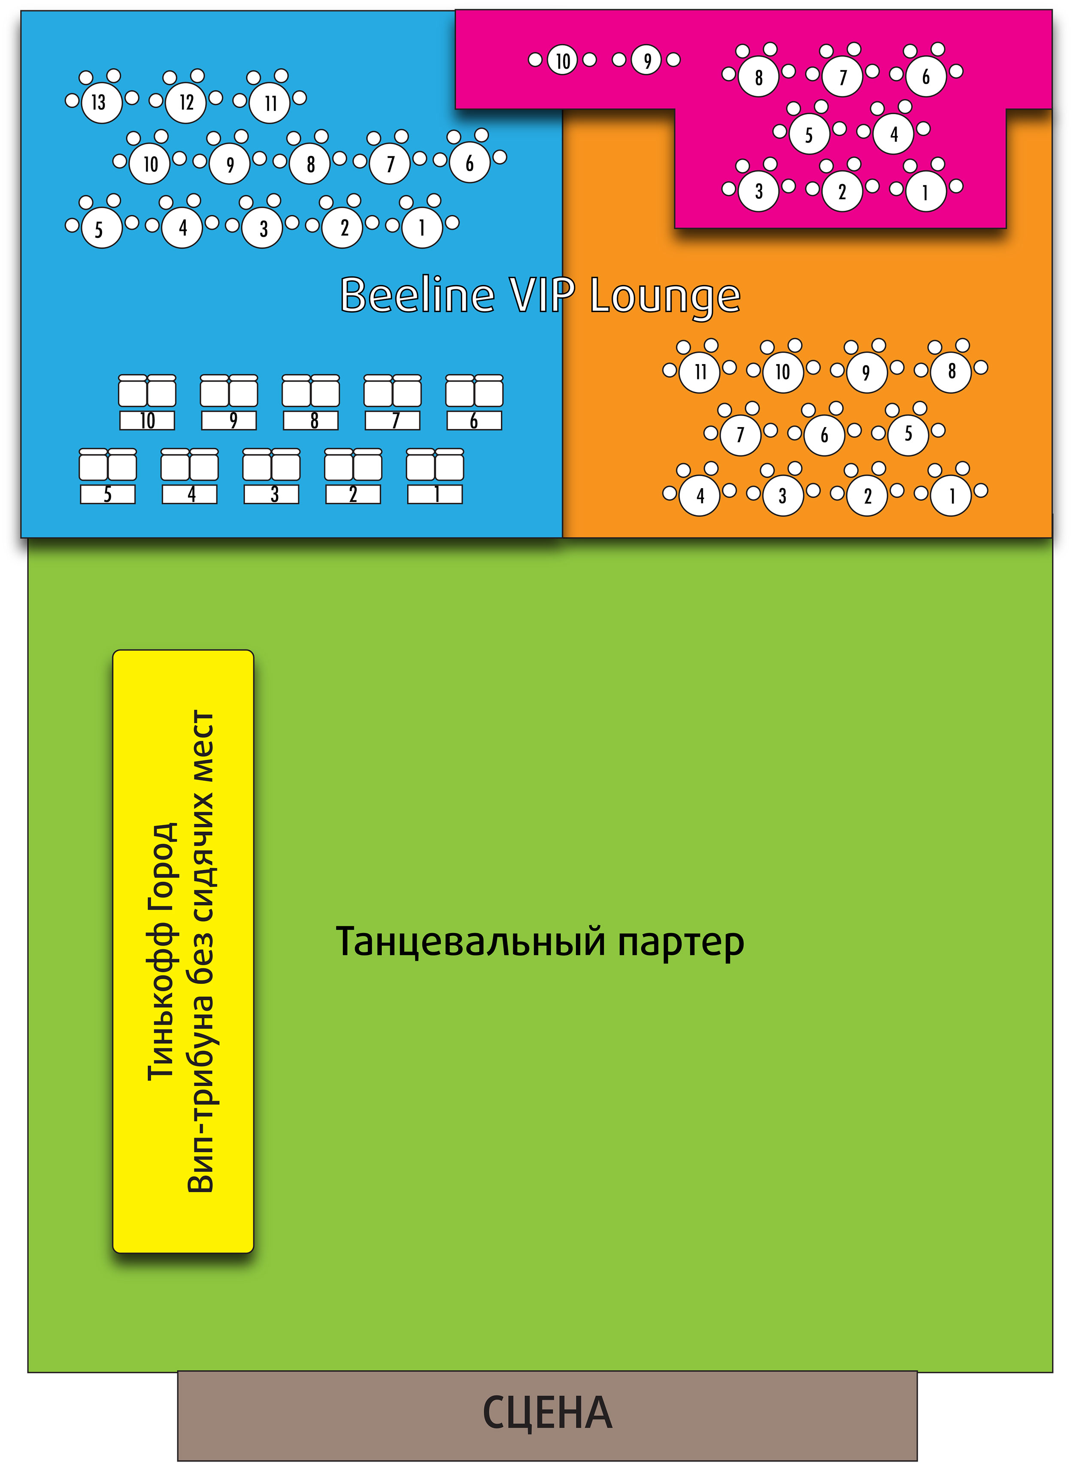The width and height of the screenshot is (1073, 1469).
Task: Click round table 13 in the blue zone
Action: [101, 103]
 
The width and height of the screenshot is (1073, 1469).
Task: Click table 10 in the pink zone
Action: [563, 61]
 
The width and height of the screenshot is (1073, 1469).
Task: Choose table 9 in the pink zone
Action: [647, 61]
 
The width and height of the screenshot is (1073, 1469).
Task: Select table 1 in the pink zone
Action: [925, 191]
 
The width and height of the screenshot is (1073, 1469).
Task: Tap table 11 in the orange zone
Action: [700, 372]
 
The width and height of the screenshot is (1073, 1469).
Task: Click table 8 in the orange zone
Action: [952, 372]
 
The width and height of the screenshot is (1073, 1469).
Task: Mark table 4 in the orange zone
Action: [700, 496]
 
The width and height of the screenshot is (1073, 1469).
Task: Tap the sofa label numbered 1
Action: [435, 495]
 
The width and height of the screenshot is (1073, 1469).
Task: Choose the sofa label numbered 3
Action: [272, 495]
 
